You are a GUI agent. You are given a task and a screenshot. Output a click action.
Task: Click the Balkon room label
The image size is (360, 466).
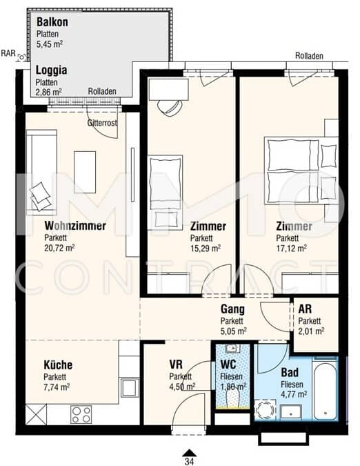click(x=52, y=22)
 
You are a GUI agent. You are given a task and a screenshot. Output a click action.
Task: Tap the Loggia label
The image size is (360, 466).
click(x=51, y=70)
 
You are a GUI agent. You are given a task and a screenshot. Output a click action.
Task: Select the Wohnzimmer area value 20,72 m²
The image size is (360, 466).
click(x=59, y=248)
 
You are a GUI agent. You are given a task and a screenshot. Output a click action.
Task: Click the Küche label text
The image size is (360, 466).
click(x=58, y=365)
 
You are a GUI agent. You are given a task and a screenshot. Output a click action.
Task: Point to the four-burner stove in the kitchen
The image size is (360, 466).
click(x=81, y=415)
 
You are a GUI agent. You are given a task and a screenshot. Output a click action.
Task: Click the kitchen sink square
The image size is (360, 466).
click(x=130, y=387)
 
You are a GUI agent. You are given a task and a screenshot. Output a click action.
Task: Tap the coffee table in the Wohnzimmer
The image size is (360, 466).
click(x=85, y=172)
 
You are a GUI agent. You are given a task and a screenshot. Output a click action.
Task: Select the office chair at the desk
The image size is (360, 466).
click(x=170, y=108)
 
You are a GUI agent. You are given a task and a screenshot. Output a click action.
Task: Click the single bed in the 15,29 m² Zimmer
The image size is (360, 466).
click(x=166, y=193)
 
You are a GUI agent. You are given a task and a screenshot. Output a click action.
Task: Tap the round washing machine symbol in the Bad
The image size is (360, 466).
click(x=265, y=410)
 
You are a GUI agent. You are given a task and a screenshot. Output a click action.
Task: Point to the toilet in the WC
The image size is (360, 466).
click(x=233, y=399)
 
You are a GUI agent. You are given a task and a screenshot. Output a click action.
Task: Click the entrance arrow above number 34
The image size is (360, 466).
click(x=189, y=452)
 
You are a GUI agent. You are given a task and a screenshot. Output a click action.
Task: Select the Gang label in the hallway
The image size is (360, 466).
click(x=232, y=309)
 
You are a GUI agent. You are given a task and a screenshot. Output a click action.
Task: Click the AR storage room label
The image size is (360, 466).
click(x=305, y=309)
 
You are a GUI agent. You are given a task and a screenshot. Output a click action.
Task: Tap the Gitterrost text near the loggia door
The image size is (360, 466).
click(x=102, y=123)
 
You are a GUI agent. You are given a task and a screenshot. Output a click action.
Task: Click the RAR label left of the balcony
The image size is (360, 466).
click(x=8, y=53)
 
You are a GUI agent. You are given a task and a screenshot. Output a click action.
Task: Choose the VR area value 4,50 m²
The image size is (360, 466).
click(x=182, y=387)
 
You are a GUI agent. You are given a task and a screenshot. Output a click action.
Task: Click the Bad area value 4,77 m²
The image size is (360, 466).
click(x=294, y=394)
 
